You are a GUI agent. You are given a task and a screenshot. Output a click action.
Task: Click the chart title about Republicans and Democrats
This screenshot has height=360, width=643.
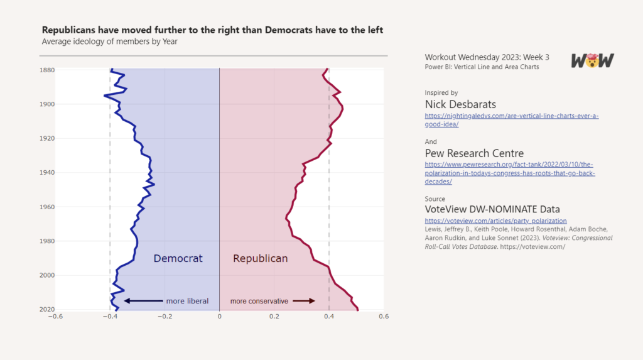click(x=212, y=30)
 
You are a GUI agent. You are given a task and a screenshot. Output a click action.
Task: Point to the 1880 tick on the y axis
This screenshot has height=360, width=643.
click(x=47, y=70)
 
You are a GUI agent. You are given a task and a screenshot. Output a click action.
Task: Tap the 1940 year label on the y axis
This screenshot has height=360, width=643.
click(x=47, y=172)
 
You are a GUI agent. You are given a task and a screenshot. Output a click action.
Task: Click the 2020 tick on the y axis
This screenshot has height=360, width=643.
click(x=47, y=309)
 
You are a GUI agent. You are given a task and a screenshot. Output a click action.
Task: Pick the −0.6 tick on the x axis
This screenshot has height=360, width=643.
click(x=55, y=317)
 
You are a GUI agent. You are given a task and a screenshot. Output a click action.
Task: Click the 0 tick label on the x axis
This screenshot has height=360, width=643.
click(x=219, y=317)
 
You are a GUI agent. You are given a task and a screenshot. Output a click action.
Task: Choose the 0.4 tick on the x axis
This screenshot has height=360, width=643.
click(x=329, y=317)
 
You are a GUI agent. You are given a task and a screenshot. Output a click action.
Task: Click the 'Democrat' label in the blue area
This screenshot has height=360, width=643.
click(x=178, y=258)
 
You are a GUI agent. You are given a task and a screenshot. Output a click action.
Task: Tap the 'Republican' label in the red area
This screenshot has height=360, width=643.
click(x=260, y=258)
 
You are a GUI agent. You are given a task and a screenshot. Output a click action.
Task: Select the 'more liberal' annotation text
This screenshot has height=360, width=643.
click(x=187, y=301)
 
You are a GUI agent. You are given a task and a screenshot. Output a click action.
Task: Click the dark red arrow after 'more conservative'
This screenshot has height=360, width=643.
click(x=304, y=301)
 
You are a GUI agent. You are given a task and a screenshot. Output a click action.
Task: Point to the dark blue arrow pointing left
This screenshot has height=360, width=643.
click(x=143, y=301)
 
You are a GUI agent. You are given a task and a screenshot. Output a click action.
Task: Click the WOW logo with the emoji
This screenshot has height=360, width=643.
click(x=592, y=60)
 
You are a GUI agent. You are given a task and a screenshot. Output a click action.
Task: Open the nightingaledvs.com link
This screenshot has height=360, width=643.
click(x=511, y=120)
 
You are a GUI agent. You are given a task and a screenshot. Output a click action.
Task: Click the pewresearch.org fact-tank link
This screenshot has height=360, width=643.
click(x=509, y=173)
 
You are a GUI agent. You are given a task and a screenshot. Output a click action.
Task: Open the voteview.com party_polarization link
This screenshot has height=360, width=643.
click(x=495, y=221)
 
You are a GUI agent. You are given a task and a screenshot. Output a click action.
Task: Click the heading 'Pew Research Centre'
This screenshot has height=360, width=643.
click(x=474, y=153)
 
